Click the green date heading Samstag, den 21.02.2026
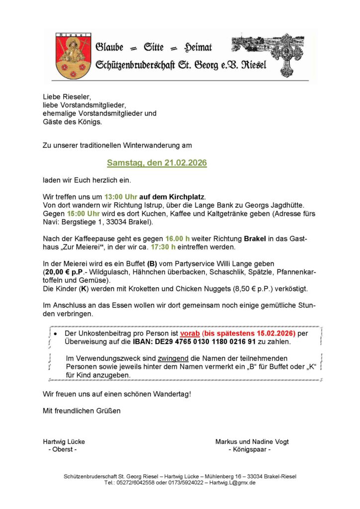click(x=157, y=163)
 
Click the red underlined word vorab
click(x=189, y=333)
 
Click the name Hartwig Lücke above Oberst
click(x=64, y=441)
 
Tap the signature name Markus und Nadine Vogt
click(x=252, y=441)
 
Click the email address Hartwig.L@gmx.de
click(x=233, y=483)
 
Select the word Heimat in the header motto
click(x=198, y=47)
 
